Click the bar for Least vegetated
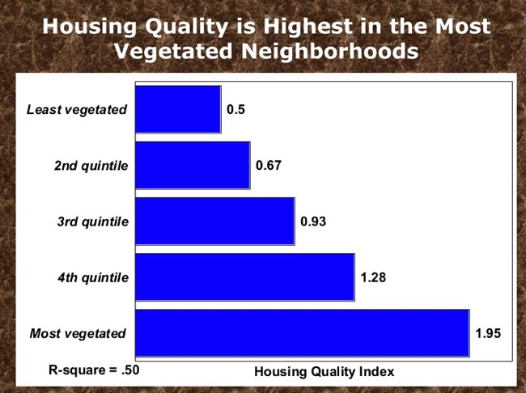coord(179,110)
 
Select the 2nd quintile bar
coord(193,165)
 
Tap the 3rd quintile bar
coord(215,222)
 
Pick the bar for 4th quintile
coord(245,277)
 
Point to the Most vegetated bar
coord(303,333)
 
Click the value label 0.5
coord(235,110)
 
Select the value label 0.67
coord(269,165)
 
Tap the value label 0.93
coord(313,222)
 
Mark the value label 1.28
coord(373,277)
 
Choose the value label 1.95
coord(488,333)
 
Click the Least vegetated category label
coord(77,110)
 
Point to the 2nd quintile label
coord(91,166)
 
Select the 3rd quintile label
coord(93,222)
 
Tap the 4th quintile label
coord(93,277)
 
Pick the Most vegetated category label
coord(78,334)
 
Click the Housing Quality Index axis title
coord(324,372)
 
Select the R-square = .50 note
coord(94,370)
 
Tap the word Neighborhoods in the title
coord(329,51)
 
